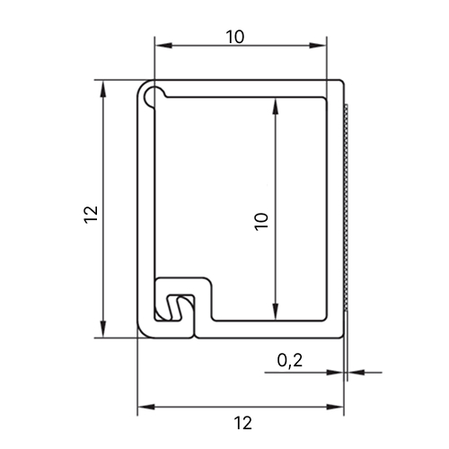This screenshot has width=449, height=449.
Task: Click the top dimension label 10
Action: pos(235,37)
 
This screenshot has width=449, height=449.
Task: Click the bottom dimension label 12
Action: pos(243,423)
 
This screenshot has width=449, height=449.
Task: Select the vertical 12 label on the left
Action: pos(91,215)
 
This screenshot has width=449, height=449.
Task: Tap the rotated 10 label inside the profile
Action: pos(261,222)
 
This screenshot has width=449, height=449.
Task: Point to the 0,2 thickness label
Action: pos(290,360)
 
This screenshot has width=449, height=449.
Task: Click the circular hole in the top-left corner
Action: pos(153,96)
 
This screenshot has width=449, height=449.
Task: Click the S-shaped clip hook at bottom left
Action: pos(175,308)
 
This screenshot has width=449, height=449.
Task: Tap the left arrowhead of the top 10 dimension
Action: pos(164,46)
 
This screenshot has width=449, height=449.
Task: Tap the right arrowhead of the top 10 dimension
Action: pos(317,46)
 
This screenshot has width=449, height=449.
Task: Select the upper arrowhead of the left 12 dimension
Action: pos(103,89)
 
